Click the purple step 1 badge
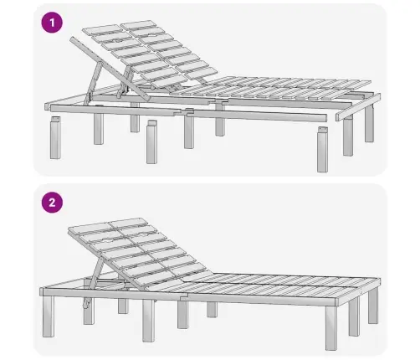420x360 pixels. pos(52,23)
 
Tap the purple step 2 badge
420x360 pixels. pos(52,203)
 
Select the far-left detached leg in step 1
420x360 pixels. pos(55,137)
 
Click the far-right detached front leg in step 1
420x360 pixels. pos(322,149)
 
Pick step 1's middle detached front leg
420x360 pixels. pos(151,142)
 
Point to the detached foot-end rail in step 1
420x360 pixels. pos(358,107)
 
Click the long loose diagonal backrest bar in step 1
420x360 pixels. pos(110,69)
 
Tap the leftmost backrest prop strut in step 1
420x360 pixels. pos(93,84)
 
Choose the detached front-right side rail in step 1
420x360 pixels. pos(257,116)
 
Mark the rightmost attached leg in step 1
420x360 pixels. pos(369,123)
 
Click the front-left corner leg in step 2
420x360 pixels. pos(49,316)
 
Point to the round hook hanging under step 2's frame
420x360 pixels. pos(86,304)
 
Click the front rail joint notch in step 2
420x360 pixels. pos(184,296)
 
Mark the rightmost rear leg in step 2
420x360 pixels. pos(373,306)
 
